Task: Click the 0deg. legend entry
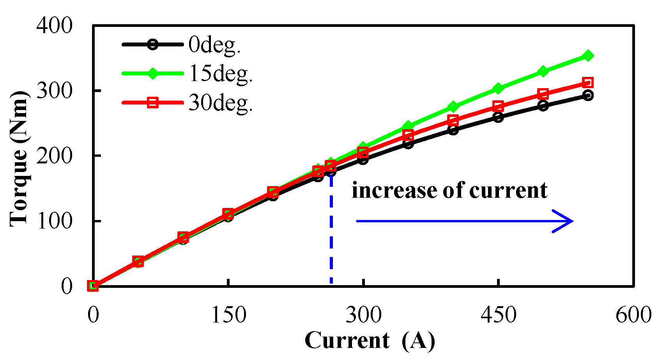214,44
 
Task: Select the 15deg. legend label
221,73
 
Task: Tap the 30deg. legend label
221,103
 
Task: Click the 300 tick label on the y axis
55,91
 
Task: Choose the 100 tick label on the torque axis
55,221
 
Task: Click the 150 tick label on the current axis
228,314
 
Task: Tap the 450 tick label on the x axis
498,314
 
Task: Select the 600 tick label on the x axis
633,314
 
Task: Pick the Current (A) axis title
370,340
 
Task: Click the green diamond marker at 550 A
588,56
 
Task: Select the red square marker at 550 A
588,82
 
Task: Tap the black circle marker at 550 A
588,95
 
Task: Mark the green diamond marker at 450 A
498,89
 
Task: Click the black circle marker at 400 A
453,129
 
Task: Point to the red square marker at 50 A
138,262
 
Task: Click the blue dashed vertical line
331,234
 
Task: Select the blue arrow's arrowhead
565,221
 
